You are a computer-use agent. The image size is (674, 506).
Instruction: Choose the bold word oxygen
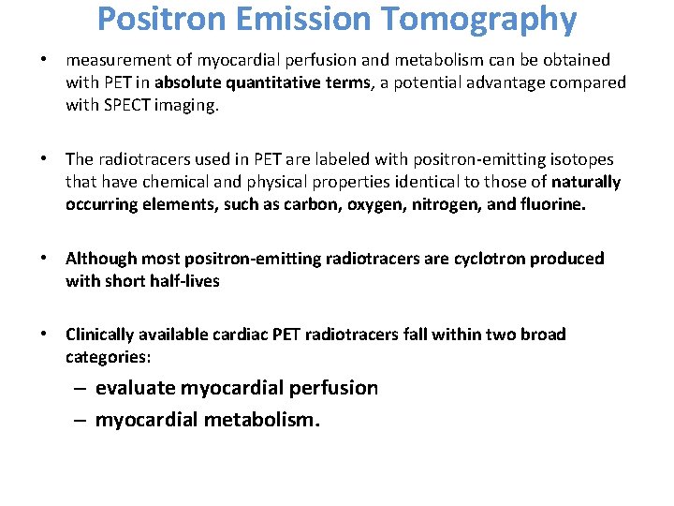pos(317,204)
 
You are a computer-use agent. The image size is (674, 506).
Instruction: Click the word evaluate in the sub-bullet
pos(135,388)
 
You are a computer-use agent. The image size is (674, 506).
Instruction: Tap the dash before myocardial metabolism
pos(81,420)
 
